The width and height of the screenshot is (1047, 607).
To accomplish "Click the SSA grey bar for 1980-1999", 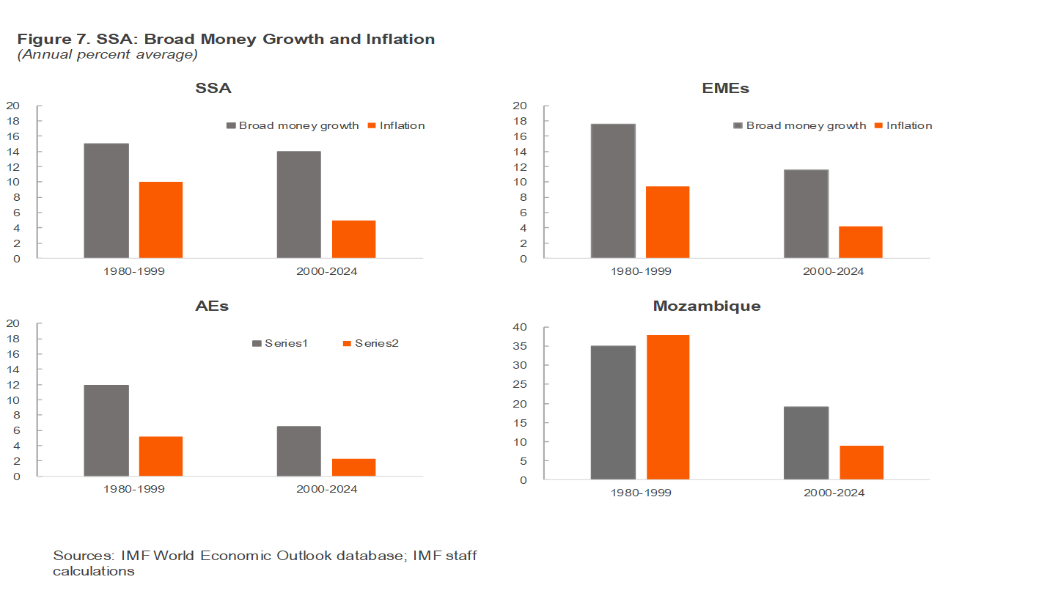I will click(106, 201).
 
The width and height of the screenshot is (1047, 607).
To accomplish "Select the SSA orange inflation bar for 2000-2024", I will click(353, 239).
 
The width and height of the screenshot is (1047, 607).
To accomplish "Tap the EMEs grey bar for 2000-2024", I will click(806, 214).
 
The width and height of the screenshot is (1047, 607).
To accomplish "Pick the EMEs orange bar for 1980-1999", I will click(667, 222).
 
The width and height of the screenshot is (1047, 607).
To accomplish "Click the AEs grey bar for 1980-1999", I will click(106, 430).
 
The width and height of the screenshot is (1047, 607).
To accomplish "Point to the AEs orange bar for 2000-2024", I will click(353, 467).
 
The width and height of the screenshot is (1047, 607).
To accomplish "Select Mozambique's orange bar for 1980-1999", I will click(668, 408).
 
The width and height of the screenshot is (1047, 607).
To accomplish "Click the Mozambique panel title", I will click(706, 306).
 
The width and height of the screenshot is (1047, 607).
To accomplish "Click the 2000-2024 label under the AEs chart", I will click(326, 488).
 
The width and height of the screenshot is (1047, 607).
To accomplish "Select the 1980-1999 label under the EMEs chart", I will click(641, 271).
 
